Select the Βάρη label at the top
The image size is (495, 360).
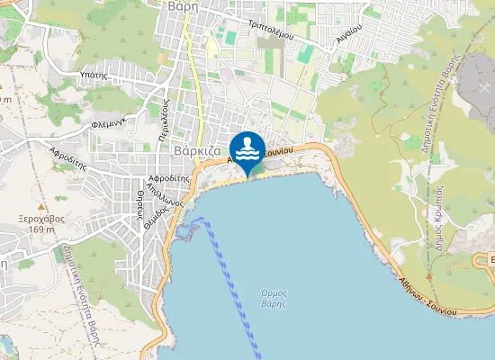[182, 5]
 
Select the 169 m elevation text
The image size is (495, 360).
[42, 229]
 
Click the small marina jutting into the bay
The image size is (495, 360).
[185, 231]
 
